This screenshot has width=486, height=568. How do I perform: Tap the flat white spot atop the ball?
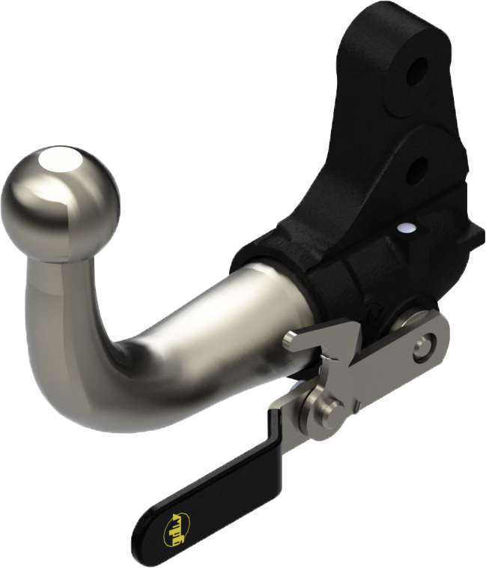pos(63,159)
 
